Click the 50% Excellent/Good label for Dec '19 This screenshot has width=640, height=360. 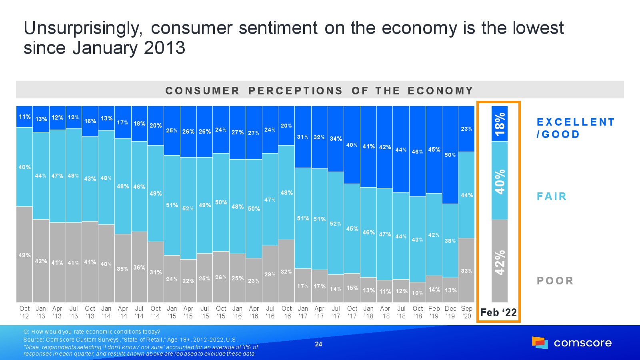point(450,155)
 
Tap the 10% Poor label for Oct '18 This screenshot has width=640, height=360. point(417,293)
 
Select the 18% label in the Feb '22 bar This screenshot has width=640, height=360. point(500,124)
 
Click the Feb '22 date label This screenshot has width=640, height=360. point(498,312)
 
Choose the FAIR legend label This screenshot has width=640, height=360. point(552,196)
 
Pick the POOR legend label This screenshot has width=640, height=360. point(555,281)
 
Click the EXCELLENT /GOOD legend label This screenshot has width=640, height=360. point(575,128)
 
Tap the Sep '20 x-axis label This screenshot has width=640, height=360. point(466,312)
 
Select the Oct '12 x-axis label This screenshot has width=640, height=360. point(24,312)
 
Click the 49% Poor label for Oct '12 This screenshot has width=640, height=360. point(24,255)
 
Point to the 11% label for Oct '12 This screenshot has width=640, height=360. point(24,117)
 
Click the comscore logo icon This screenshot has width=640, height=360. point(540,343)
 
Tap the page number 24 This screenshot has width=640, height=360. point(318,344)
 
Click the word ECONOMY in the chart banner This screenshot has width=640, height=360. point(440,91)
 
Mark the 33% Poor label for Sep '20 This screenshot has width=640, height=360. point(466,271)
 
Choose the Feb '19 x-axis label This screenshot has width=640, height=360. point(434,312)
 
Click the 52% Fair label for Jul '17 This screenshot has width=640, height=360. point(335,224)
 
